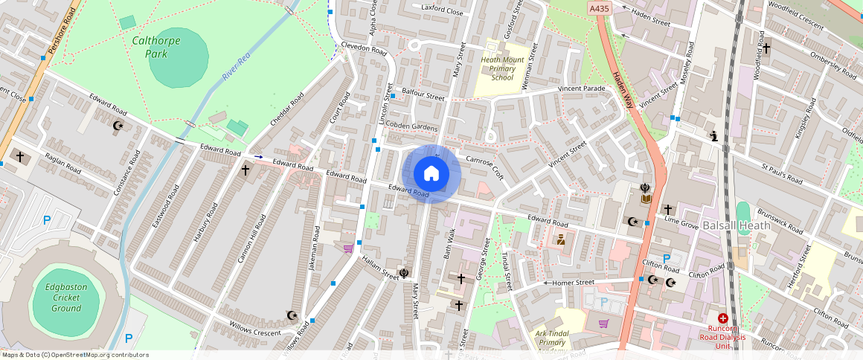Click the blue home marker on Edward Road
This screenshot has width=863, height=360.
431,174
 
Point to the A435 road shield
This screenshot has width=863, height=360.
599,7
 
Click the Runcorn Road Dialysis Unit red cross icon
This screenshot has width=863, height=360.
722,318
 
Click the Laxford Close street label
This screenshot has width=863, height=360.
442,10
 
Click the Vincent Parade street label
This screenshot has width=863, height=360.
583,89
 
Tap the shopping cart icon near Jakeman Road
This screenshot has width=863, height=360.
347,248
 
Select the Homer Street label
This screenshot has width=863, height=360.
573,283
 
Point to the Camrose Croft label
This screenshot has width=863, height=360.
485,166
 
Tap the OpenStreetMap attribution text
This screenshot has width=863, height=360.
74,355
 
